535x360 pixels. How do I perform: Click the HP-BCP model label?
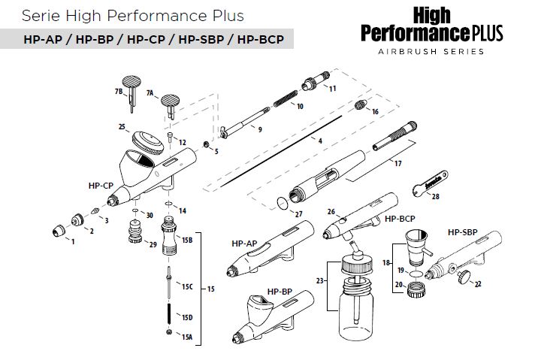coord(400,219)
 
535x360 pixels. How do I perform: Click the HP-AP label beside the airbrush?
coord(244,243)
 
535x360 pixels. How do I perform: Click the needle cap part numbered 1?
coord(58,228)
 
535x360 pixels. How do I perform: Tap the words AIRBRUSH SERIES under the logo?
coord(431,53)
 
